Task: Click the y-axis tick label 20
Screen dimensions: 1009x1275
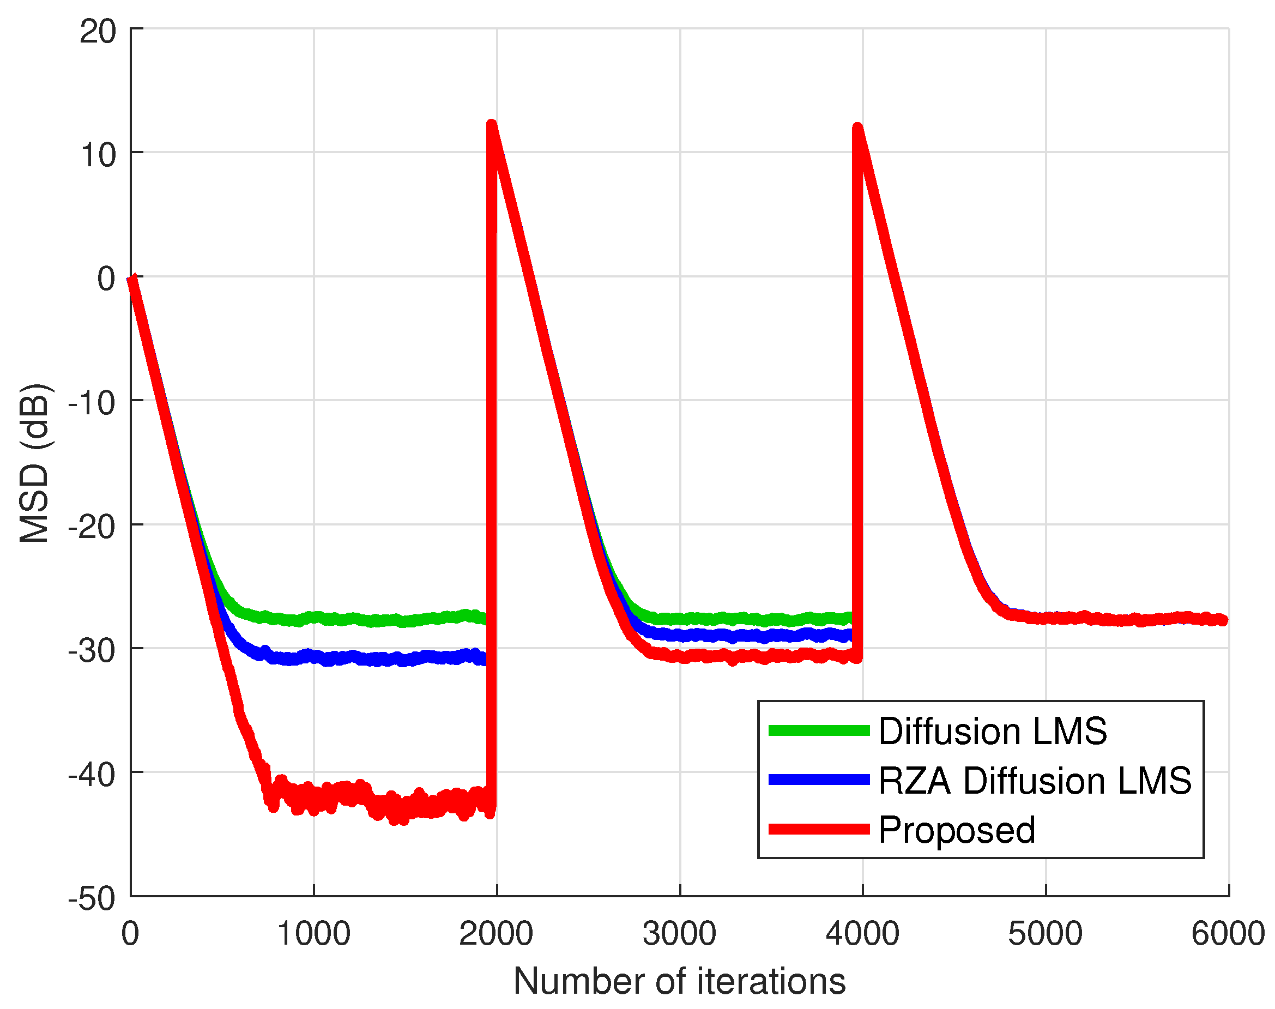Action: tap(98, 31)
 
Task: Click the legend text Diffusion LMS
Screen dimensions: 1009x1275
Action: tap(992, 732)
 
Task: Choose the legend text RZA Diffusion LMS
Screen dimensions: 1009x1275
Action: tap(1035, 781)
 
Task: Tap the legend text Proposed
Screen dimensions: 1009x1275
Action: tap(957, 830)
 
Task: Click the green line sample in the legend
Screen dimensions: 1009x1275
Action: tap(819, 731)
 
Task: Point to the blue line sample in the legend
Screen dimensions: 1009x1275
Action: tap(819, 781)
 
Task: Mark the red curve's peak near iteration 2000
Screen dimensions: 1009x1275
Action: tap(492, 125)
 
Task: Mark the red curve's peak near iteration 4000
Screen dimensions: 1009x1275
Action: tap(858, 129)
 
